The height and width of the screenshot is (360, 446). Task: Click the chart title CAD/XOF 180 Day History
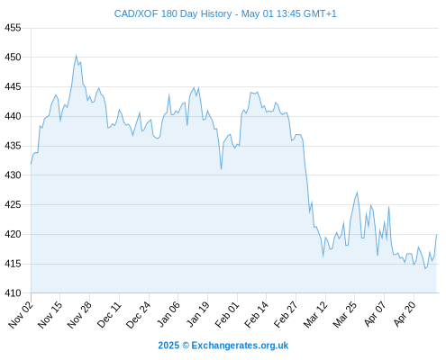tap(173, 13)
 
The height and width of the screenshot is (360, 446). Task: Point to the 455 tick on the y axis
tap(13, 28)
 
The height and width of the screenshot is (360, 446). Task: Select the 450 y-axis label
tap(13, 57)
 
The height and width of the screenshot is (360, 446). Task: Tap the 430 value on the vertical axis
tap(13, 175)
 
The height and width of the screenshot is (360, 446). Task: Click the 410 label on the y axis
tap(13, 292)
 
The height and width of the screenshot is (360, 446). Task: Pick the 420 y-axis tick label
tap(13, 234)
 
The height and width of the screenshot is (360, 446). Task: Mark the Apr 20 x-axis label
tap(405, 314)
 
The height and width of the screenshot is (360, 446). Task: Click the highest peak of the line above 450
tap(76, 56)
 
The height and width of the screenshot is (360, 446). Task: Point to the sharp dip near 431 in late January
tap(221, 169)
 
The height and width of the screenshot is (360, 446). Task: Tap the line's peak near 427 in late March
tap(357, 193)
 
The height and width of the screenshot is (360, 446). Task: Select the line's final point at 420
tap(436, 235)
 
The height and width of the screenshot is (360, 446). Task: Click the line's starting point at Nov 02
tap(31, 164)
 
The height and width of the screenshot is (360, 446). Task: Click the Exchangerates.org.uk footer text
tap(240, 346)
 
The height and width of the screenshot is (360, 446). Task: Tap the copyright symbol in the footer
tap(186, 346)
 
